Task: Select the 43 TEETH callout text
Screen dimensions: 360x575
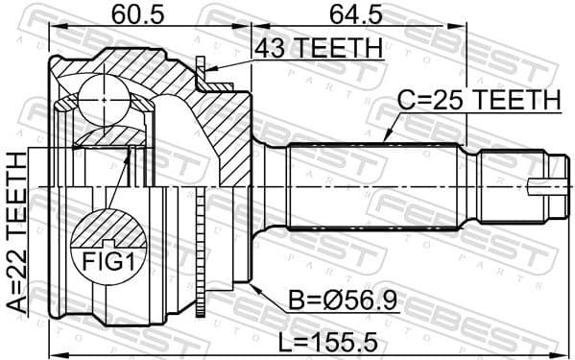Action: pyautogui.click(x=316, y=47)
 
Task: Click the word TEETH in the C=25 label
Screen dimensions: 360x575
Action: pyautogui.click(x=523, y=99)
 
